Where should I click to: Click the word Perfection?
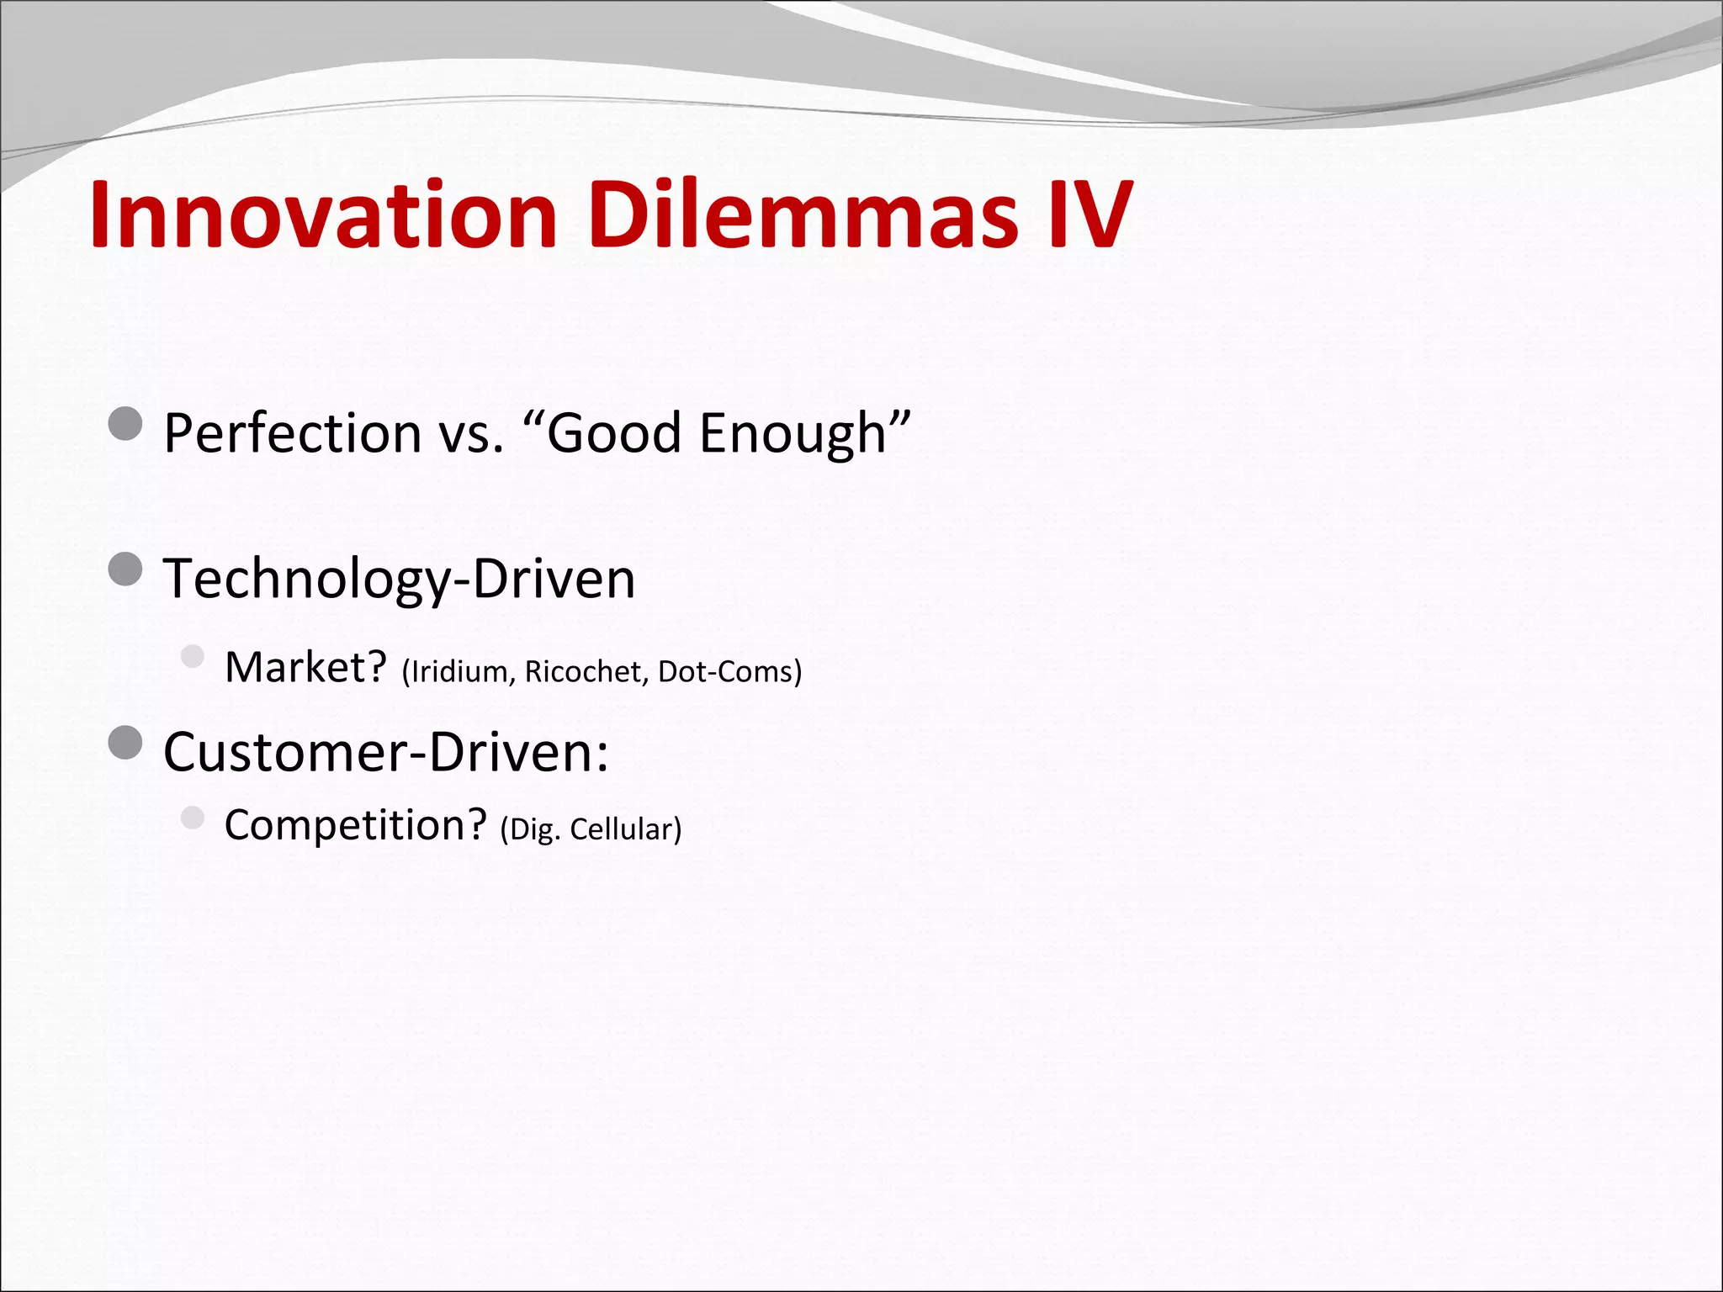tap(292, 433)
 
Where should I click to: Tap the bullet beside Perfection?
tap(125, 424)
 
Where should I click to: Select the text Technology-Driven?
tap(399, 580)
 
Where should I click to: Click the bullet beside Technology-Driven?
tap(125, 569)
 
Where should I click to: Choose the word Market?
tap(305, 668)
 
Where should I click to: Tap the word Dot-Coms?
tap(727, 672)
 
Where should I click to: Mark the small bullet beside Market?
tap(193, 655)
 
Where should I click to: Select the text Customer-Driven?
tap(385, 752)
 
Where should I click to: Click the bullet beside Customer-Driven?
tap(125, 743)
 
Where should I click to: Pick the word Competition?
tap(355, 825)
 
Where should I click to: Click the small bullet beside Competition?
tap(193, 817)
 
